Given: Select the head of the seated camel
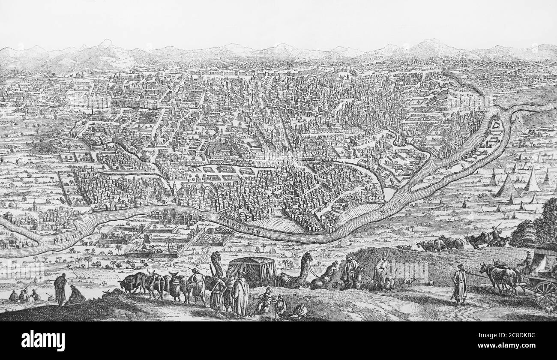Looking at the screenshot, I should coord(306,258).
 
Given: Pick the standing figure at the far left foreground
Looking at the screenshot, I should coord(60,289).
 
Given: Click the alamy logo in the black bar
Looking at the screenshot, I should coord(43,341).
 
